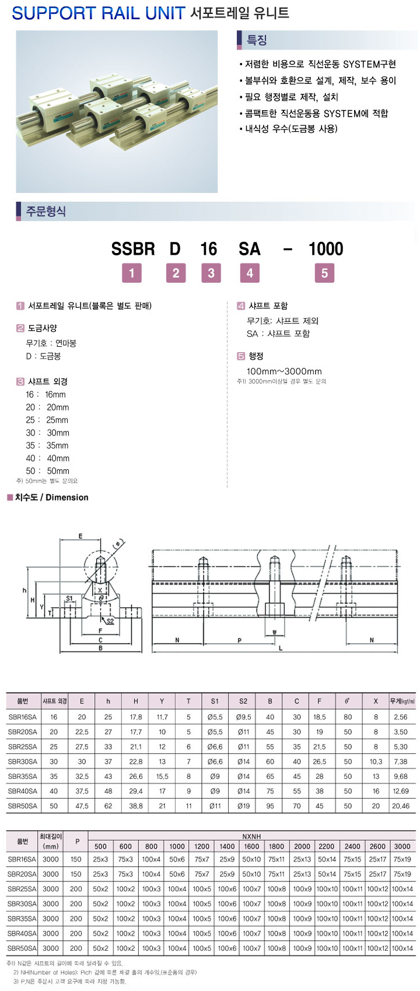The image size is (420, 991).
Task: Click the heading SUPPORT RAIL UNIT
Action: (98, 13)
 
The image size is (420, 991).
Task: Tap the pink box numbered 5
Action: (324, 273)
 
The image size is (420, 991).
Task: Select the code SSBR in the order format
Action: (133, 249)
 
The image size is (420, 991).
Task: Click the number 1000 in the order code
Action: (325, 249)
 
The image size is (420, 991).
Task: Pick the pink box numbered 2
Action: (176, 273)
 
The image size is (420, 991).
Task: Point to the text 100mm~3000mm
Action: (284, 371)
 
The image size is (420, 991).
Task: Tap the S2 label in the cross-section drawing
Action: (110, 621)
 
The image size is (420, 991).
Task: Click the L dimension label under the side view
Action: (281, 648)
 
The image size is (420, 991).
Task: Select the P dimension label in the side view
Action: (240, 640)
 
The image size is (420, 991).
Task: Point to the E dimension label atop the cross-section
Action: (80, 536)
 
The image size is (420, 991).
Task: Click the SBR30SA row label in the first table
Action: (23, 761)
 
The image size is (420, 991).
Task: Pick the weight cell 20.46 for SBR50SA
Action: (401, 806)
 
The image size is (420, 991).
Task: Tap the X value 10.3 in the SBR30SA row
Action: (376, 761)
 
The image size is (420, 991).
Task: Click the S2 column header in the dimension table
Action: (243, 701)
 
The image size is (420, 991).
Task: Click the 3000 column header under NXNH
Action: (402, 846)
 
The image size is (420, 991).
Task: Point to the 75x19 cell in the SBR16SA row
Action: (402, 859)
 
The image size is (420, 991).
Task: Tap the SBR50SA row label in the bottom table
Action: (22, 948)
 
